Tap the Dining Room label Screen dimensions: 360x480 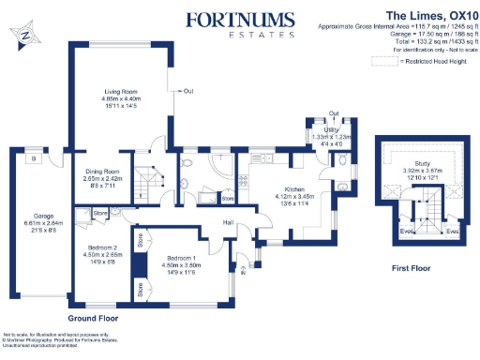(104, 172)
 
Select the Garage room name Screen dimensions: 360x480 (31, 216)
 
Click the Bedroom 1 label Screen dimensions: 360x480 (181, 256)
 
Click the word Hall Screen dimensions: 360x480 (228, 222)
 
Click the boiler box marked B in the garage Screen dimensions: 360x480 (33, 158)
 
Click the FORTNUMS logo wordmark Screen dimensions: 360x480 (240, 20)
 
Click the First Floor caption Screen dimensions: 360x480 (412, 267)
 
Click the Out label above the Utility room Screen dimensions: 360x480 (334, 112)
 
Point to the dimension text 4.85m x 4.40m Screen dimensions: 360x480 (121, 99)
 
